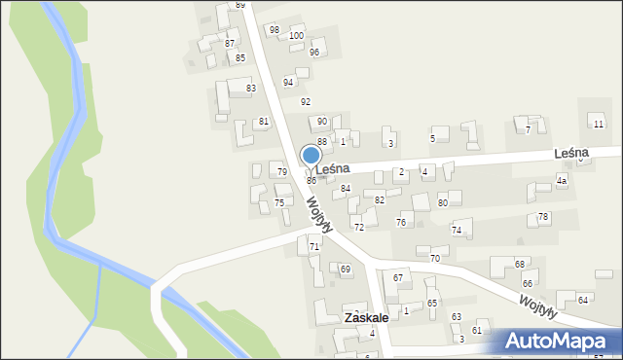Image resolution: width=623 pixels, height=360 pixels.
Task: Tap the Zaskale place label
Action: pyautogui.click(x=366, y=318)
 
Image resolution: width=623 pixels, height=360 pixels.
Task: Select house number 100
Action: pyautogui.click(x=296, y=36)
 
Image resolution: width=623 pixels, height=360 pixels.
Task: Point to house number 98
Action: pyautogui.click(x=275, y=30)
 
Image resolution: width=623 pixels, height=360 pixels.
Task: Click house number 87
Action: pyautogui.click(x=230, y=44)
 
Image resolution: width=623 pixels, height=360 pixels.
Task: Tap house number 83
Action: pyautogui.click(x=251, y=89)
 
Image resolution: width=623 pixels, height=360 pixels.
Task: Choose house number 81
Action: pyautogui.click(x=263, y=122)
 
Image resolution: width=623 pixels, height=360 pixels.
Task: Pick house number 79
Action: pyautogui.click(x=281, y=172)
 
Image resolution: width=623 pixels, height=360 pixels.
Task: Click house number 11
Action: pyautogui.click(x=598, y=124)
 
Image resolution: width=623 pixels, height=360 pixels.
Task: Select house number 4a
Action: pyautogui.click(x=562, y=182)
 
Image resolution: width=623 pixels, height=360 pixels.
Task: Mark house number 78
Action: pyautogui.click(x=543, y=216)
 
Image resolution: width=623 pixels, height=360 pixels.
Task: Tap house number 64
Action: pyautogui.click(x=582, y=300)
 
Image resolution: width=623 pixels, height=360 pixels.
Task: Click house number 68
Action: pyautogui.click(x=521, y=265)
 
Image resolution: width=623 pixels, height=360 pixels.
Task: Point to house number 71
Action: pyautogui.click(x=314, y=247)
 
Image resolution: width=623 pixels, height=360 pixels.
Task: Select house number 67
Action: pyautogui.click(x=398, y=278)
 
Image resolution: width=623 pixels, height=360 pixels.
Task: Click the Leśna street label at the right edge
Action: pyautogui.click(x=573, y=154)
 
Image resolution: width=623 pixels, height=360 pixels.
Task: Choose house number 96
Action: pyautogui.click(x=314, y=52)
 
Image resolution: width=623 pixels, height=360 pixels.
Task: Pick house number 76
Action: pyautogui.click(x=401, y=223)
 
